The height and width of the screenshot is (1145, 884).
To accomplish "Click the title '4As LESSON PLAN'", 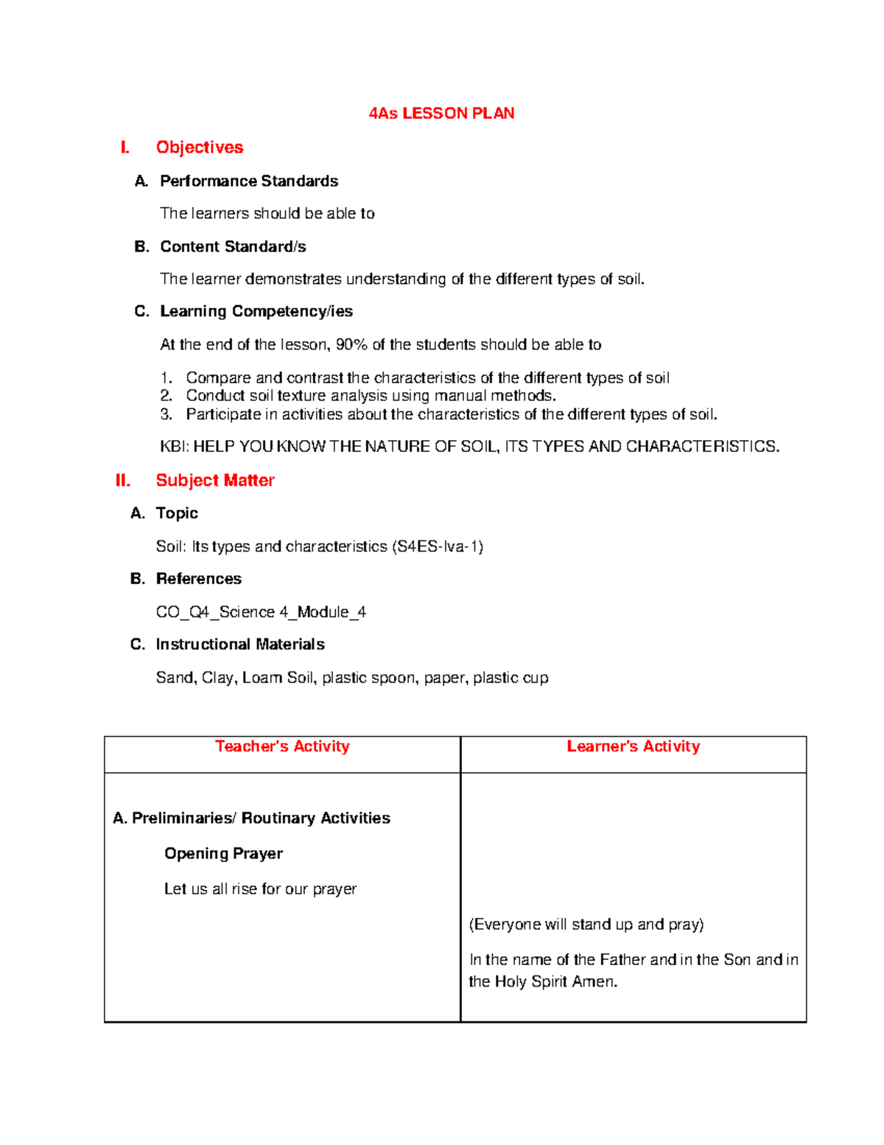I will pyautogui.click(x=441, y=114).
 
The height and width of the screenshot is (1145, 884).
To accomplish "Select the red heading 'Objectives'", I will pyautogui.click(x=199, y=147).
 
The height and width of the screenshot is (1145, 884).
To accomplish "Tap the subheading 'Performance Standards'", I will pyautogui.click(x=249, y=181).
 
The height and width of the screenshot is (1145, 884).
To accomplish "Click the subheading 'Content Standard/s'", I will pyautogui.click(x=233, y=247).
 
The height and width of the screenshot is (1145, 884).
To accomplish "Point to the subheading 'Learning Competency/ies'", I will pyautogui.click(x=256, y=312).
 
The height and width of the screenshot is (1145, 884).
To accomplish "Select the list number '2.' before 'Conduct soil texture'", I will pyautogui.click(x=166, y=396).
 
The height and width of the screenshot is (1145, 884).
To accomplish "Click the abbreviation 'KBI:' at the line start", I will pyautogui.click(x=175, y=447).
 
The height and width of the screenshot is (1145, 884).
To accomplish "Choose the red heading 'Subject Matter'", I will pyautogui.click(x=215, y=481).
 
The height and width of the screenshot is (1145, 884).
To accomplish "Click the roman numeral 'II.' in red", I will pyautogui.click(x=123, y=481).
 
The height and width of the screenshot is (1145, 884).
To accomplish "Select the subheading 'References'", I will pyautogui.click(x=199, y=580).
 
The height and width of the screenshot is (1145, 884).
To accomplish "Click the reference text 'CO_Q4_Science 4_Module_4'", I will pyautogui.click(x=261, y=612).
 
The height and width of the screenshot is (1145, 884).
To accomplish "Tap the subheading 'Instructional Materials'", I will pyautogui.click(x=240, y=645).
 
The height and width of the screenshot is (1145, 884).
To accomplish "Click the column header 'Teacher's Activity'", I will pyautogui.click(x=282, y=747).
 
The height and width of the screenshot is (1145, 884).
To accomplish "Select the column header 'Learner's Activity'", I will pyautogui.click(x=633, y=747).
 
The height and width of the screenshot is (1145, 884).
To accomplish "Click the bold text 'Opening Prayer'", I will pyautogui.click(x=223, y=854).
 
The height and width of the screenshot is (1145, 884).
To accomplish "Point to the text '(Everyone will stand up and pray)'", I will pyautogui.click(x=586, y=925).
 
